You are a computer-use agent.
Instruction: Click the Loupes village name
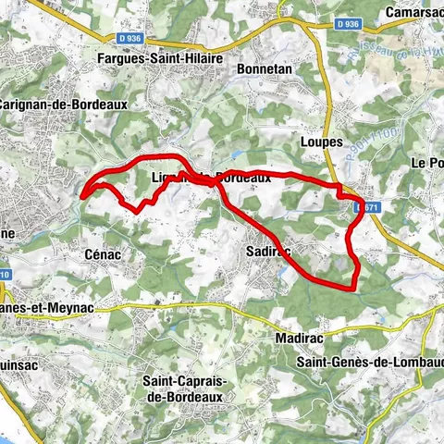[322, 142]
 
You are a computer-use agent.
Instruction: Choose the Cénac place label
[104, 252]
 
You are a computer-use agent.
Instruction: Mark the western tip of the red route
[81, 196]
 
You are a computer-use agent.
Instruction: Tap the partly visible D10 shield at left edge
[5, 276]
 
